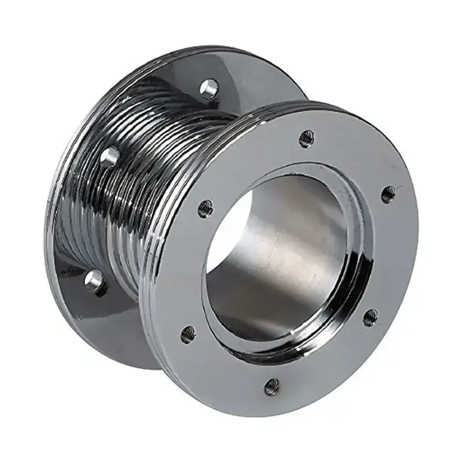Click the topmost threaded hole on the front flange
306,138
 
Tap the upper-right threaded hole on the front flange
388,194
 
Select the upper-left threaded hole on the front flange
205,208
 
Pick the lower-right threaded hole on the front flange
370,317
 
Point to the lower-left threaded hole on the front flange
188,334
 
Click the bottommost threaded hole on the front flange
272,387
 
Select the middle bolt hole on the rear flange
109,157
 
